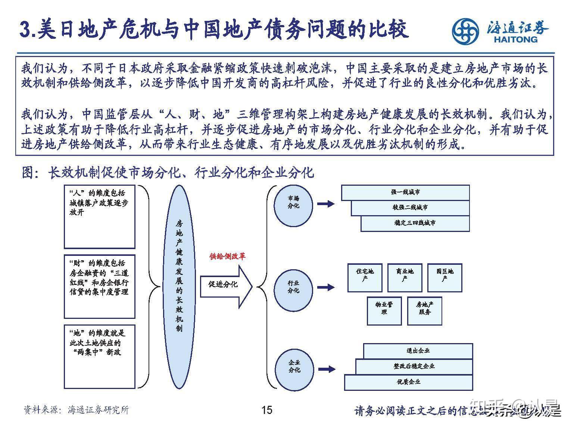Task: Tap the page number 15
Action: click(267, 410)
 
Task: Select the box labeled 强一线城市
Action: click(405, 192)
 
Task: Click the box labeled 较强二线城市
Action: click(410, 208)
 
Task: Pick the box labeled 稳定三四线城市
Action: click(415, 223)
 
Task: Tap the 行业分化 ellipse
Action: click(293, 288)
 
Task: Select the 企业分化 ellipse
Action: click(294, 367)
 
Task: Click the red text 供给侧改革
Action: click(227, 257)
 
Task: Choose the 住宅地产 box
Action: click(365, 277)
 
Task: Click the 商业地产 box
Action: click(405, 277)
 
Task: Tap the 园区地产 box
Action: click(444, 277)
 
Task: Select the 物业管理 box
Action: click(384, 311)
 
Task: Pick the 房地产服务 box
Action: click(424, 311)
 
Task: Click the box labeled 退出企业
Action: click(418, 351)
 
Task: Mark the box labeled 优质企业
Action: click(408, 382)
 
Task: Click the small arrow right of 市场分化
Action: click(326, 204)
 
